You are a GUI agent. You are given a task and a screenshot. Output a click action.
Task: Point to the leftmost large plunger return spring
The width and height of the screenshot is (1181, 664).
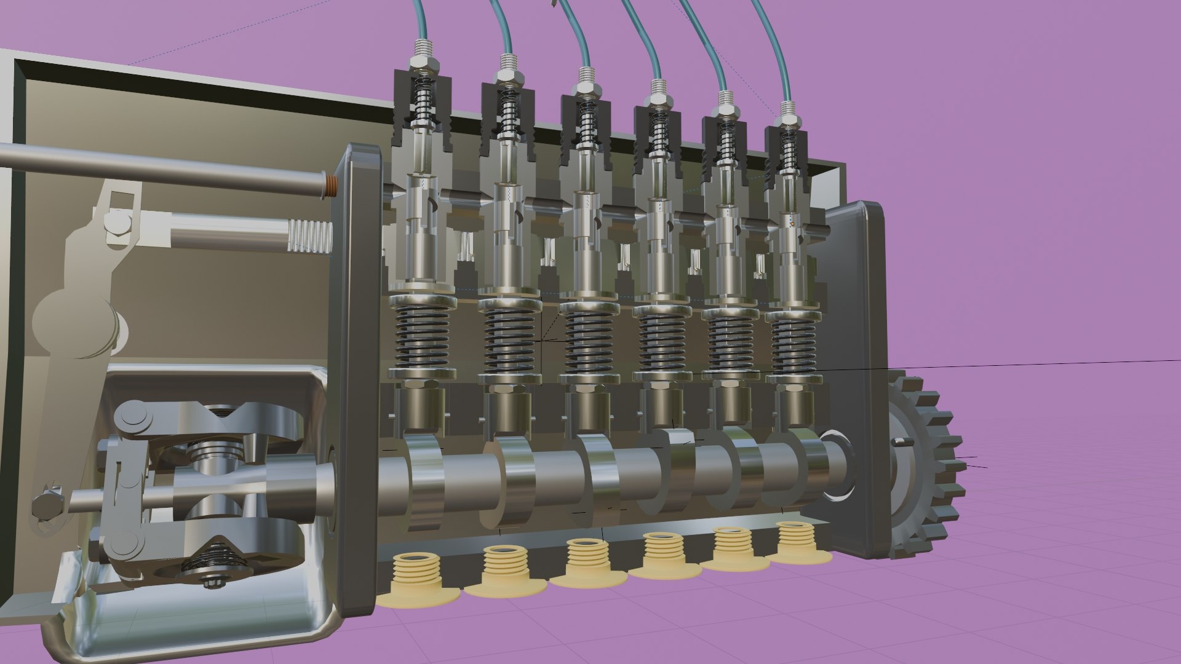(x=422, y=338)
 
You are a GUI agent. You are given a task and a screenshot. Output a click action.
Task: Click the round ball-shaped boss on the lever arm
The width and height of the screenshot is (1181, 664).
(x=71, y=320)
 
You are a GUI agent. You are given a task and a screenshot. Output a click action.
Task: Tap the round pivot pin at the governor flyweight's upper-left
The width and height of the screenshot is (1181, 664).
(x=135, y=418)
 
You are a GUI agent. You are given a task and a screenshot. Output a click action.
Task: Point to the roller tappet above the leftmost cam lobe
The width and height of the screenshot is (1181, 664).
(x=423, y=409)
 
